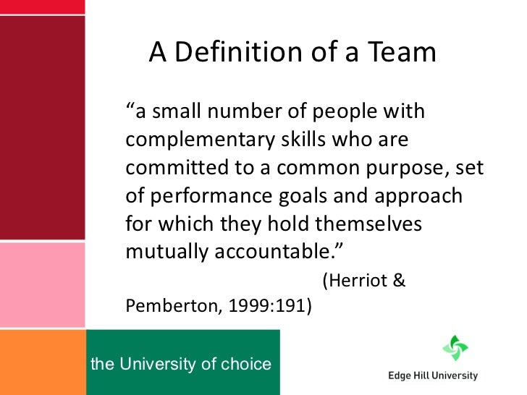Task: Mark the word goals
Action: pyautogui.click(x=300, y=196)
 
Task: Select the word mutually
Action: pyautogui.click(x=162, y=252)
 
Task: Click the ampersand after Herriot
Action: pyautogui.click(x=398, y=281)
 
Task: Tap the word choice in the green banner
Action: pyautogui.click(x=246, y=363)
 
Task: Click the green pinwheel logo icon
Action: pyautogui.click(x=455, y=348)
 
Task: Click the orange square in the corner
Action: pyautogui.click(x=42, y=362)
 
